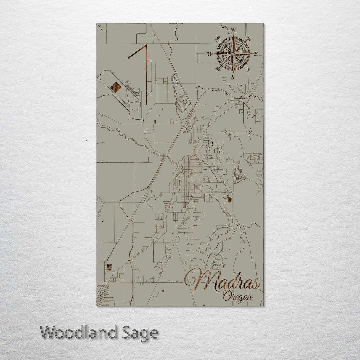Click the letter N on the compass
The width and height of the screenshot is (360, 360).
[x=234, y=30]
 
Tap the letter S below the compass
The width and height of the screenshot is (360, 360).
[x=233, y=77]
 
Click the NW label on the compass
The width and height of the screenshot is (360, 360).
[x=218, y=38]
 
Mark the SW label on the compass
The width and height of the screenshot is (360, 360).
[x=218, y=69]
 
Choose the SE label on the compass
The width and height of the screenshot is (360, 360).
[x=248, y=69]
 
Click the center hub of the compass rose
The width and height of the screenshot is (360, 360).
[x=233, y=54]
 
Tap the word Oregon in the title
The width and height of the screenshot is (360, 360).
[x=237, y=296]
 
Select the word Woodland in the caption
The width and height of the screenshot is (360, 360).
[x=79, y=333]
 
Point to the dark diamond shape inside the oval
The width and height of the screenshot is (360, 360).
[x=116, y=87]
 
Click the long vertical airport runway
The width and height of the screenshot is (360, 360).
[x=146, y=75]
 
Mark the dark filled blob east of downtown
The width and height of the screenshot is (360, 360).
[x=229, y=199]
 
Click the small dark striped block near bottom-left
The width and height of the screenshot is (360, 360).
[x=109, y=267]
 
